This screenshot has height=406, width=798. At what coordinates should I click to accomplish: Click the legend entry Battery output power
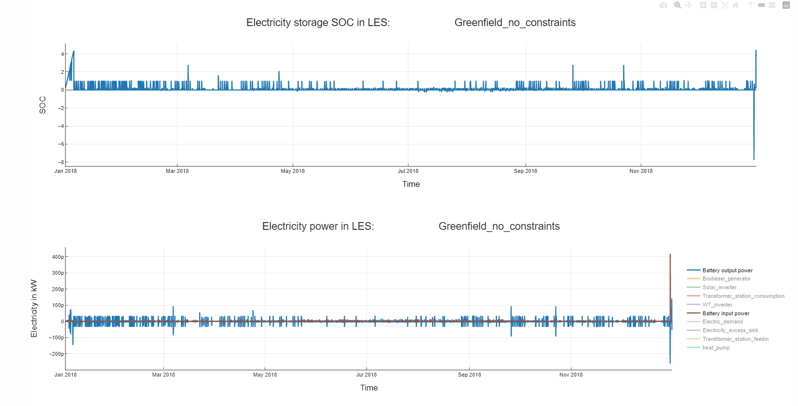point(727,270)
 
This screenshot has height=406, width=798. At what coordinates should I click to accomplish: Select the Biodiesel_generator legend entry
point(726,279)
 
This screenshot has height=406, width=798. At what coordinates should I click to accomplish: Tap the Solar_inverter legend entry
point(719,287)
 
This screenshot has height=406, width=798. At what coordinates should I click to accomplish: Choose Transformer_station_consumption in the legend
point(743,296)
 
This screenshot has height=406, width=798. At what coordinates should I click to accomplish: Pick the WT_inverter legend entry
point(717,305)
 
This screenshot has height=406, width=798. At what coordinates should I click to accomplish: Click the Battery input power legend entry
point(726,313)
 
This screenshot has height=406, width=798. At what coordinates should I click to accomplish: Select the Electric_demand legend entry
point(722,322)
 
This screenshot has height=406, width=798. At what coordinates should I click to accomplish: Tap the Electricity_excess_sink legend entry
point(730,330)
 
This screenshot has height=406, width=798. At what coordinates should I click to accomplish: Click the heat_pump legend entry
point(716,348)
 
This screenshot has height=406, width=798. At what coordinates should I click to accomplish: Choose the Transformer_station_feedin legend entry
point(735,339)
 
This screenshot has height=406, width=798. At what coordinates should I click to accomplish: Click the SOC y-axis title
point(42,105)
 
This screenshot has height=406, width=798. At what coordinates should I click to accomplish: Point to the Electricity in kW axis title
point(34,308)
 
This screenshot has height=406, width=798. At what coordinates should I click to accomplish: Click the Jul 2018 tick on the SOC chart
point(408,171)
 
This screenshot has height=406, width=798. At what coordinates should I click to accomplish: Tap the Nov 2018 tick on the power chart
point(571,375)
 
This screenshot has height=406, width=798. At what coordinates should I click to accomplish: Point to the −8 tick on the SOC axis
point(61,162)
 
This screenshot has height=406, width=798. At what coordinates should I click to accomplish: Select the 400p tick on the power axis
point(58,257)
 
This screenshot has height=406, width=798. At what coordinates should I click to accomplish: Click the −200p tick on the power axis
point(56,354)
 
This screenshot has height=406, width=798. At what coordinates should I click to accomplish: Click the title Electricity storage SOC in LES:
point(318,23)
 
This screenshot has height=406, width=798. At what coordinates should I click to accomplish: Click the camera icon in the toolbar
point(663,5)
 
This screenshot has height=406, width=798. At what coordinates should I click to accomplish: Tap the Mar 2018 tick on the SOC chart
point(177,171)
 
